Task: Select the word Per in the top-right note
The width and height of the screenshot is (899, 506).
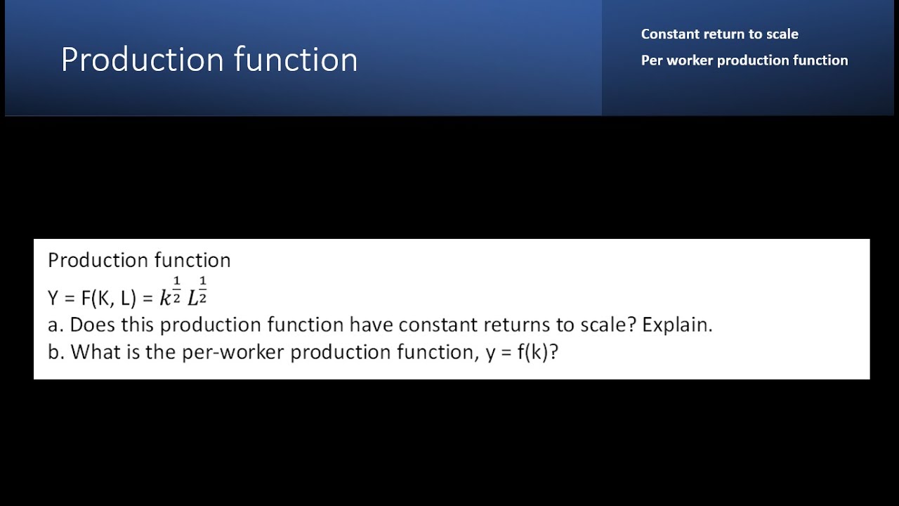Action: (x=651, y=60)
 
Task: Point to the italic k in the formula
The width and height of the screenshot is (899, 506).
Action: (x=165, y=299)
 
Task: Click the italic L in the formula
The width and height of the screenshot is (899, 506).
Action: (x=192, y=299)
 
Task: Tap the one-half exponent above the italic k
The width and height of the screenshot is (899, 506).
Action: (x=176, y=290)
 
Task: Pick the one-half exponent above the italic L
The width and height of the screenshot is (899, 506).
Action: (x=203, y=290)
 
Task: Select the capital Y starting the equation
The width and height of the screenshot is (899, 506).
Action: (x=53, y=298)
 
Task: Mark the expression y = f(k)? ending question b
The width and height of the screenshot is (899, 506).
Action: (x=522, y=351)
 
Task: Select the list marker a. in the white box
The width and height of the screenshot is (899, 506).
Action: (x=55, y=325)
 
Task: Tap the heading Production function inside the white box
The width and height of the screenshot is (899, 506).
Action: (x=139, y=260)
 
